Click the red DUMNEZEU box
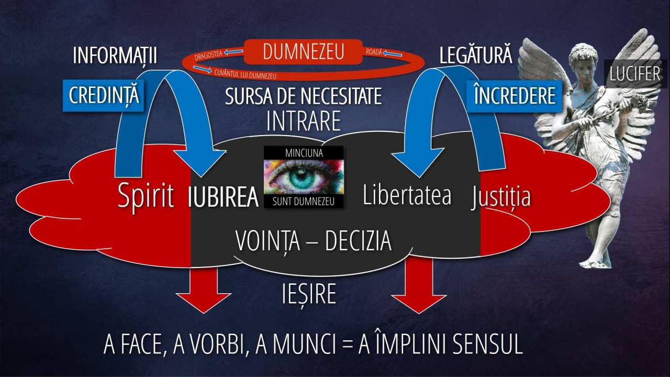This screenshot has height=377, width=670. tap(303, 52)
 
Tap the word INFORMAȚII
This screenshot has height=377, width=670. tap(115, 56)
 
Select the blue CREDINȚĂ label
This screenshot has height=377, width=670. tap(104, 95)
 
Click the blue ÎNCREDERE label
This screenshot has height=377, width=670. tap(515, 96)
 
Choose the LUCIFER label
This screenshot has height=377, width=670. tap(635, 74)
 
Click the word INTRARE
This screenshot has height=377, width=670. tap(303, 121)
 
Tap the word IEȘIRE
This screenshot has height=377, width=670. tap(309, 294)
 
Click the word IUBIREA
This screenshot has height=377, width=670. tap(223, 197)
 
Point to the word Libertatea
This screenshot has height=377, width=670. tap(407, 194)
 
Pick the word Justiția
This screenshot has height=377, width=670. tap(501, 197)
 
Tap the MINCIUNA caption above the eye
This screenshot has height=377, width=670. tap(304, 153)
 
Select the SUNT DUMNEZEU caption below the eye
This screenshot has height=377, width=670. tap(303, 202)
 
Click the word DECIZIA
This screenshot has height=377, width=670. tap(359, 241)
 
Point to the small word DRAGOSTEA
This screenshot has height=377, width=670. tap(209, 55)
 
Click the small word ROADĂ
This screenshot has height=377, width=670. tap(374, 52)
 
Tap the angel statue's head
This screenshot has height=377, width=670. tap(583, 58)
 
